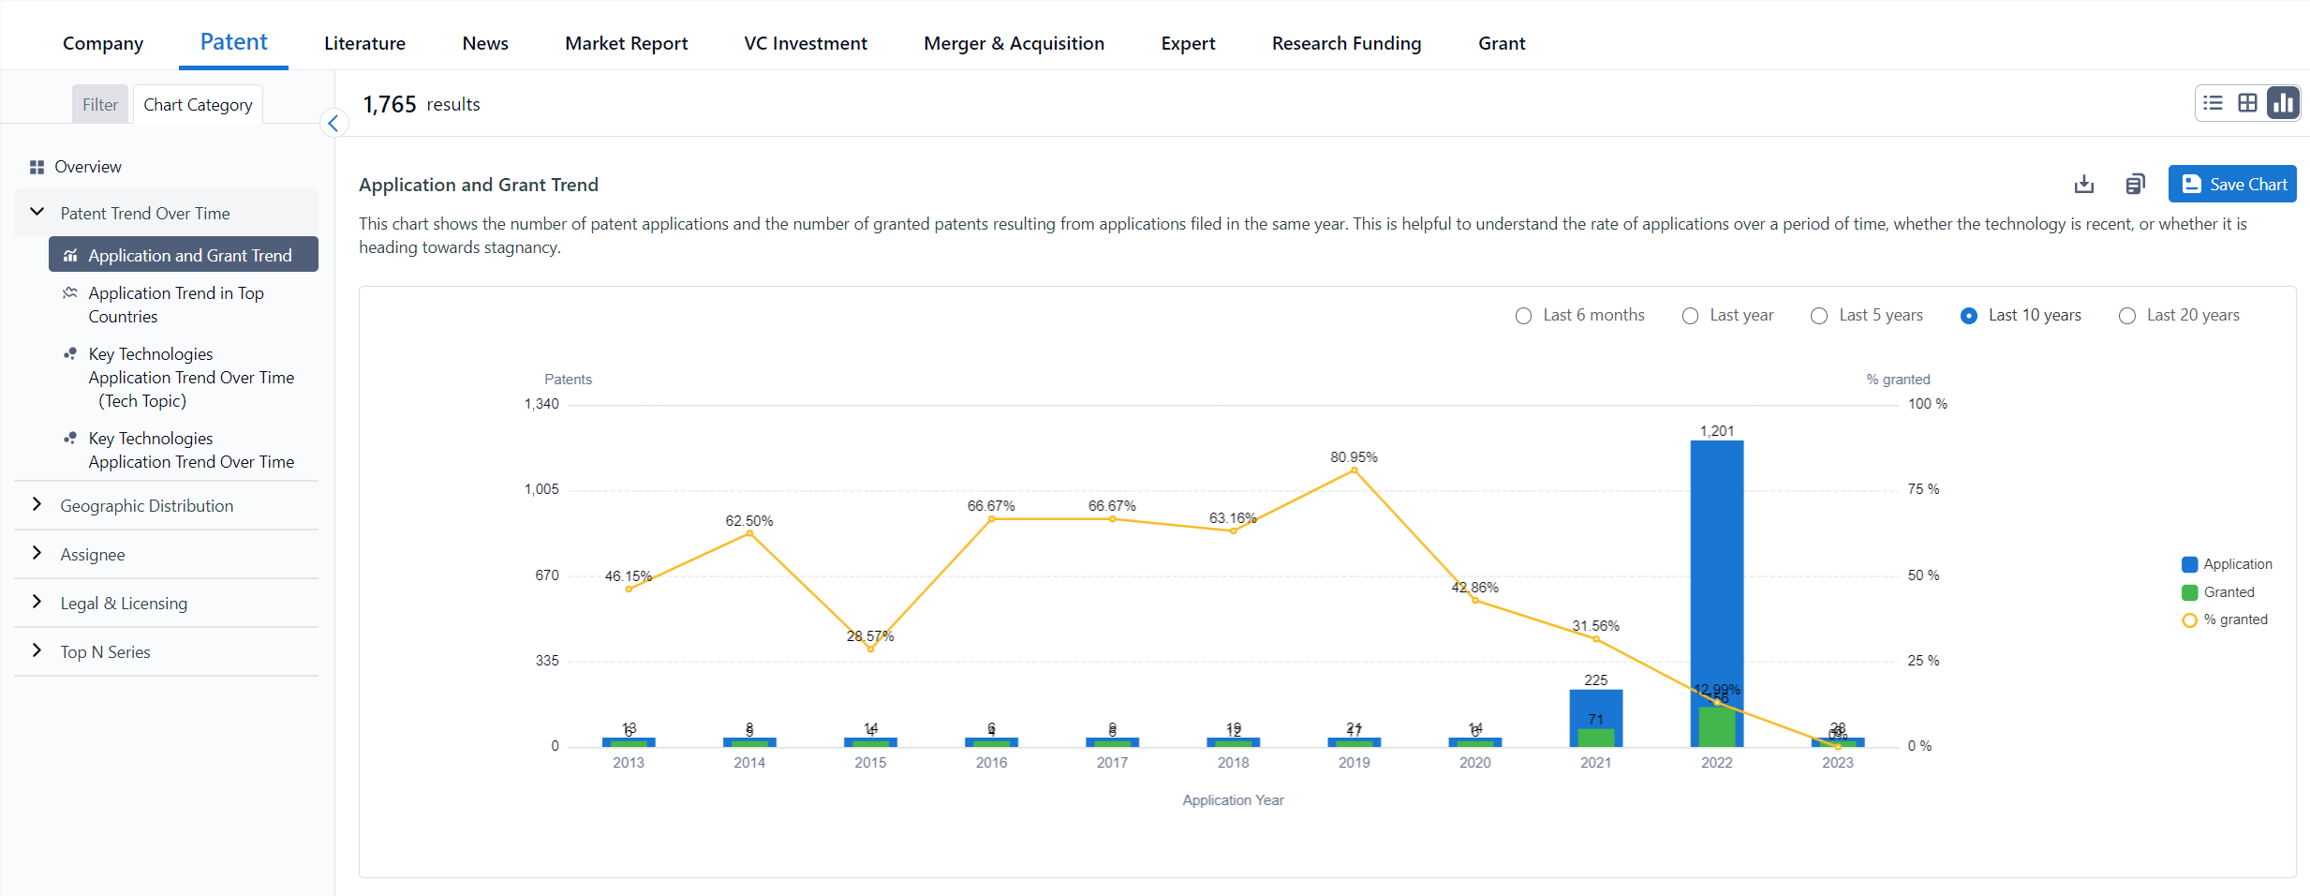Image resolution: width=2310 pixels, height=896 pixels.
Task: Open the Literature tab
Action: click(x=364, y=43)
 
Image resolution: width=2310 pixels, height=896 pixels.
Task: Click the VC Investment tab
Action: click(x=805, y=43)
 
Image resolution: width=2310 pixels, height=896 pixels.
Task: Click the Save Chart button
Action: click(x=2232, y=185)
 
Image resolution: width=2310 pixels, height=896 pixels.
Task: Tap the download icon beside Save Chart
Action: click(x=2083, y=185)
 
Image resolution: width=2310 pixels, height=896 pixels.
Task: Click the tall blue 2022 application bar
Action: click(x=1716, y=562)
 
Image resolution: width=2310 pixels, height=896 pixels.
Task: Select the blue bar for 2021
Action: click(x=1595, y=708)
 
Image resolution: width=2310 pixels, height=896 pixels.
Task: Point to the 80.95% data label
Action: click(x=1354, y=457)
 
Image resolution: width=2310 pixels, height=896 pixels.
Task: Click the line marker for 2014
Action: click(x=749, y=533)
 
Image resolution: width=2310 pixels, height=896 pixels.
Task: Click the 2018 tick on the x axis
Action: click(x=1233, y=763)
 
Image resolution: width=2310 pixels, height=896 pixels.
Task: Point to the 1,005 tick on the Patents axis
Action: click(x=541, y=489)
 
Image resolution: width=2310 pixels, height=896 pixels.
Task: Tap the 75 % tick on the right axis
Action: click(x=1923, y=489)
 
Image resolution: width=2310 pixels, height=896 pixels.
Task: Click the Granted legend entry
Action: click(x=2228, y=592)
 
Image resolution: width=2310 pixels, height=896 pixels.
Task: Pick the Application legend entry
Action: click(x=2236, y=564)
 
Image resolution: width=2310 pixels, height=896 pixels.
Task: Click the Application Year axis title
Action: click(x=1233, y=800)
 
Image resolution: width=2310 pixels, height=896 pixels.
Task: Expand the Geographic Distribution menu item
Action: click(x=147, y=506)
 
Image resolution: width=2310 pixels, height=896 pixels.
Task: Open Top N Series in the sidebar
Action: click(x=105, y=652)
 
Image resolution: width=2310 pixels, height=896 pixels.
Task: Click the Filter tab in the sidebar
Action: click(x=100, y=105)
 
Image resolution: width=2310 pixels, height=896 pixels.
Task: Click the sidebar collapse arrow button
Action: click(x=333, y=124)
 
